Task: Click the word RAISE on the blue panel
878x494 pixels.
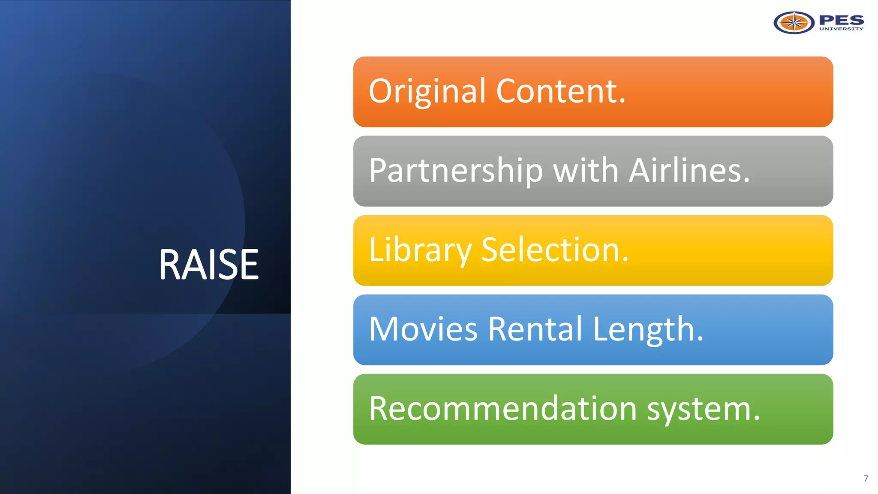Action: click(x=209, y=265)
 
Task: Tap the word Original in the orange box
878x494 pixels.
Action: click(x=427, y=91)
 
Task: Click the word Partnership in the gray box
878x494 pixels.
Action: click(x=456, y=171)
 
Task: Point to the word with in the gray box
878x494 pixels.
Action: click(x=586, y=170)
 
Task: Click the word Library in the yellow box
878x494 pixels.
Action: click(x=420, y=250)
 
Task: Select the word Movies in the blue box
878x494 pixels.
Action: click(x=423, y=329)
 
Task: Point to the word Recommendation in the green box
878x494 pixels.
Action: click(x=503, y=409)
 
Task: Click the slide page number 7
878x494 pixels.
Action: click(x=866, y=479)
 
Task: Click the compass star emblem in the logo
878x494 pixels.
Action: click(x=794, y=23)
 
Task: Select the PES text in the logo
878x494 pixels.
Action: click(x=841, y=20)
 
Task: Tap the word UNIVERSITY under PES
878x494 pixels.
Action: click(x=841, y=29)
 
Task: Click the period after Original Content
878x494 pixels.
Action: click(x=622, y=102)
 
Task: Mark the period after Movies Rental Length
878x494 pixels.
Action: click(x=700, y=340)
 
